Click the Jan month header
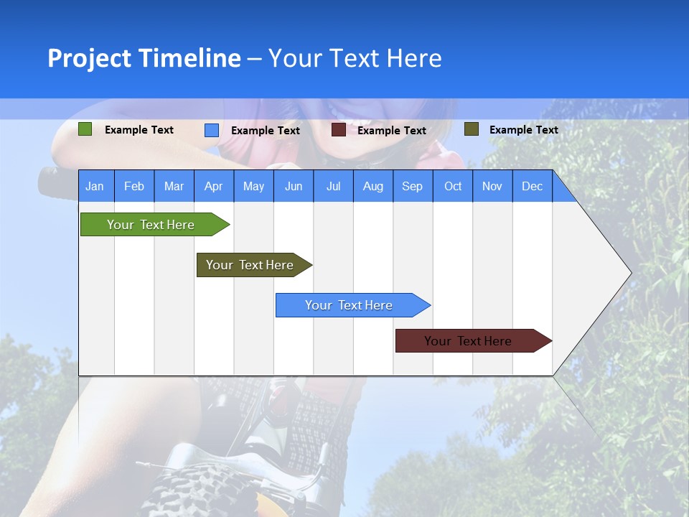[95, 186]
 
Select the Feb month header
[134, 186]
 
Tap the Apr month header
[213, 186]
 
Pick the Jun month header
[294, 186]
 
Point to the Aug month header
[372, 186]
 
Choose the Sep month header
[412, 186]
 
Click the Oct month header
[453, 186]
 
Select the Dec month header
[532, 186]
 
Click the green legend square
[85, 129]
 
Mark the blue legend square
[212, 130]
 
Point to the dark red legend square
[339, 130]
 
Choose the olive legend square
[471, 129]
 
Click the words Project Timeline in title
[144, 58]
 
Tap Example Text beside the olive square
[523, 130]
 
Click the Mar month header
[174, 186]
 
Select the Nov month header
[492, 186]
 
